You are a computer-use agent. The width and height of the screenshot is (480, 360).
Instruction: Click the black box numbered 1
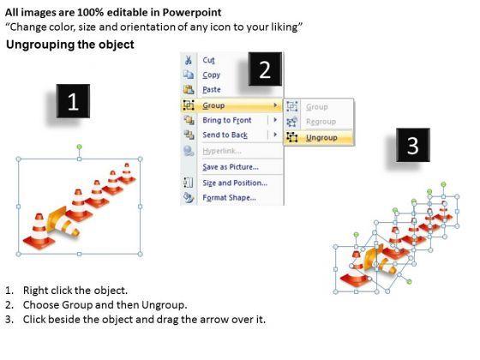coord(73,101)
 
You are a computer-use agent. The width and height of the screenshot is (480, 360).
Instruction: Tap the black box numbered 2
coord(265,69)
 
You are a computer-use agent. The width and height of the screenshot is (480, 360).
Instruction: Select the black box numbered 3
coord(413,145)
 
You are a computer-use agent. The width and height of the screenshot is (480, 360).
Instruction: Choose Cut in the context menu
coord(208,60)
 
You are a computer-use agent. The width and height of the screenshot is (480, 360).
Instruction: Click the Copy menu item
coord(211,75)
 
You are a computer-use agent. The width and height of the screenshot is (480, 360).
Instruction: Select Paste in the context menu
coord(212,90)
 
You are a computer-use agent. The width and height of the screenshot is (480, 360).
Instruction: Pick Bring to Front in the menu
coord(227,120)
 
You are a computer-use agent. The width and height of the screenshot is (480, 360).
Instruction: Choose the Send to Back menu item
coord(225,135)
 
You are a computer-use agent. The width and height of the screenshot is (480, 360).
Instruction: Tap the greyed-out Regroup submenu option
coord(321,122)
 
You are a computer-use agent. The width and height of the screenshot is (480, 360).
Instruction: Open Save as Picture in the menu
coord(231,167)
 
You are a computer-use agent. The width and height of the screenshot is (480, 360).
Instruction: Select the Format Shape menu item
coord(230,198)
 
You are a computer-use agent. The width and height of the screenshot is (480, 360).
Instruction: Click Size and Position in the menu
coord(235,183)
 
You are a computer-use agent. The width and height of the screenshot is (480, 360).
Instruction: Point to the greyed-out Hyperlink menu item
coord(222,151)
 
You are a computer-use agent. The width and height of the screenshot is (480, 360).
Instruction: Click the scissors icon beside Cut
coord(189,60)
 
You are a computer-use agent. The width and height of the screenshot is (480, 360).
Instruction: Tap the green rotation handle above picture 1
coord(79,147)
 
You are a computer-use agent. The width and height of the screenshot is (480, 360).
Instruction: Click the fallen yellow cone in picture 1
coord(63,223)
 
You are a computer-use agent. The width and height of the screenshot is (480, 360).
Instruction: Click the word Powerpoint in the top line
coord(192,13)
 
